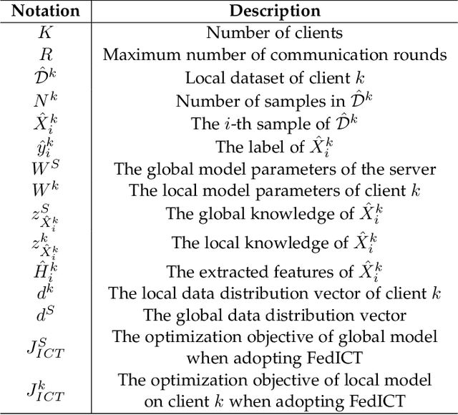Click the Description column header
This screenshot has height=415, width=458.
(275, 11)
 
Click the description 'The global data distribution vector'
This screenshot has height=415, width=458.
(275, 315)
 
